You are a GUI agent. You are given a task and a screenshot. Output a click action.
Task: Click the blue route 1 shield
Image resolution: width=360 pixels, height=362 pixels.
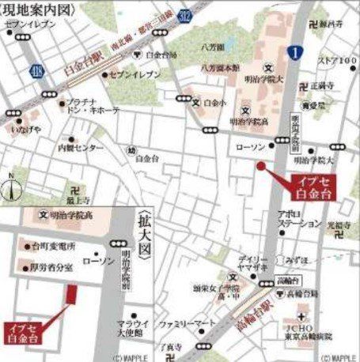294,52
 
